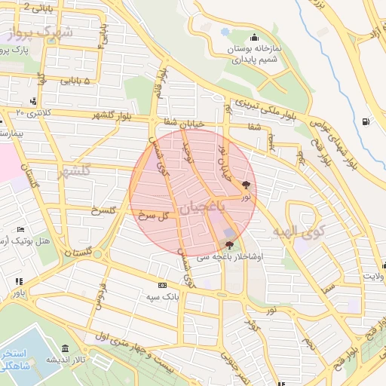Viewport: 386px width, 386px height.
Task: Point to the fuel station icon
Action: pyautogui.click(x=366, y=121)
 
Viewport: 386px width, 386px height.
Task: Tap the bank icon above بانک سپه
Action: pyautogui.click(x=162, y=285)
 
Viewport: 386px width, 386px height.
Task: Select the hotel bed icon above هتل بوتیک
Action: pyautogui.click(x=20, y=229)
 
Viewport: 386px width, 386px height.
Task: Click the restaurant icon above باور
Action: pyautogui.click(x=18, y=281)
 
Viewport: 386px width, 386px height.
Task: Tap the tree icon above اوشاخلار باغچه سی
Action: pyautogui.click(x=229, y=245)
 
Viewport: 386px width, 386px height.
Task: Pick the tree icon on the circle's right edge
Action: pyautogui.click(x=247, y=184)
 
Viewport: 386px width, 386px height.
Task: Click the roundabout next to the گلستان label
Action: pyautogui.click(x=97, y=254)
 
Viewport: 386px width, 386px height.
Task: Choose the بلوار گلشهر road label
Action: pyautogui.click(x=113, y=115)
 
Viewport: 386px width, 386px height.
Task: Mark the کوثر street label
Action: pyautogui.click(x=252, y=324)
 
